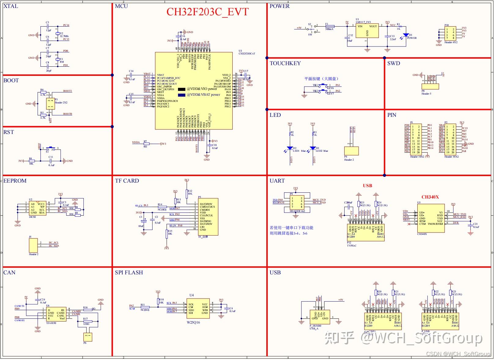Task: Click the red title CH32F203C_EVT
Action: click(x=207, y=12)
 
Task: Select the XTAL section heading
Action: click(x=11, y=6)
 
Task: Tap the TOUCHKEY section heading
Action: click(x=285, y=63)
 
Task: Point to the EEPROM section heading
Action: click(x=15, y=181)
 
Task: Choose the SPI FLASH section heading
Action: click(x=129, y=273)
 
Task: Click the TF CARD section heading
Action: click(x=127, y=181)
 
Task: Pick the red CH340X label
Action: click(x=430, y=197)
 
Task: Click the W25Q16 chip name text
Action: click(x=194, y=322)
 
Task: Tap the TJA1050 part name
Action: click(x=51, y=323)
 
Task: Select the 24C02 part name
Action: click(x=32, y=217)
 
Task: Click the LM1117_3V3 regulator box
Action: click(x=367, y=31)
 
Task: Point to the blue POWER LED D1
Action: click(x=406, y=35)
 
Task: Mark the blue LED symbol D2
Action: click(x=290, y=148)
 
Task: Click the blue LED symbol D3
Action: click(x=312, y=148)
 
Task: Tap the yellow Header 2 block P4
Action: click(x=351, y=151)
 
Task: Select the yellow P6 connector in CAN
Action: click(x=87, y=337)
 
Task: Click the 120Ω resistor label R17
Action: click(x=86, y=324)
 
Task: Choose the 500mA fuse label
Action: click(x=329, y=29)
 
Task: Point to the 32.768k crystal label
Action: click(x=64, y=36)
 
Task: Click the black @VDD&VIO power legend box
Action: click(x=182, y=89)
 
